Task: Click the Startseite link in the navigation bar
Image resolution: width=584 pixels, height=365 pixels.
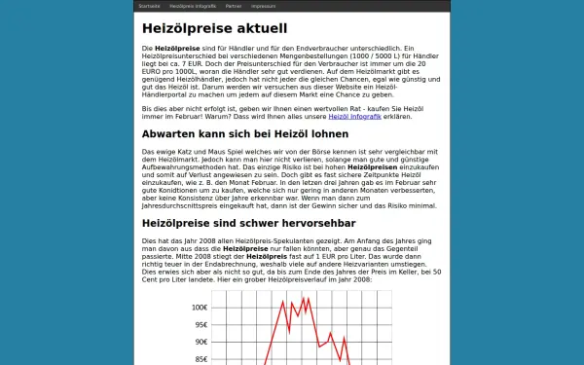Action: pyautogui.click(x=149, y=6)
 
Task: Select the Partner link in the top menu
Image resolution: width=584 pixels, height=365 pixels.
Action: pyautogui.click(x=234, y=6)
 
